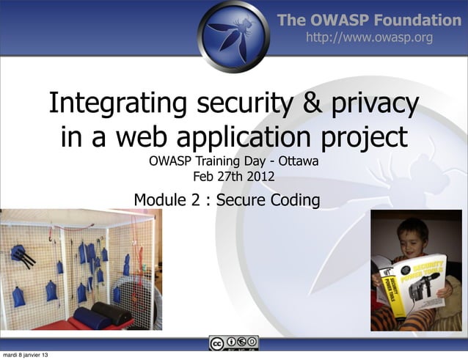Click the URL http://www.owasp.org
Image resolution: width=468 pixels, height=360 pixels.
[369, 37]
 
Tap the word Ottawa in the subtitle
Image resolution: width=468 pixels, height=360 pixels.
[298, 161]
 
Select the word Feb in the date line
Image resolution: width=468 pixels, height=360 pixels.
[203, 176]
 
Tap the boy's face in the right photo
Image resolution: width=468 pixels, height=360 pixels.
[412, 236]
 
